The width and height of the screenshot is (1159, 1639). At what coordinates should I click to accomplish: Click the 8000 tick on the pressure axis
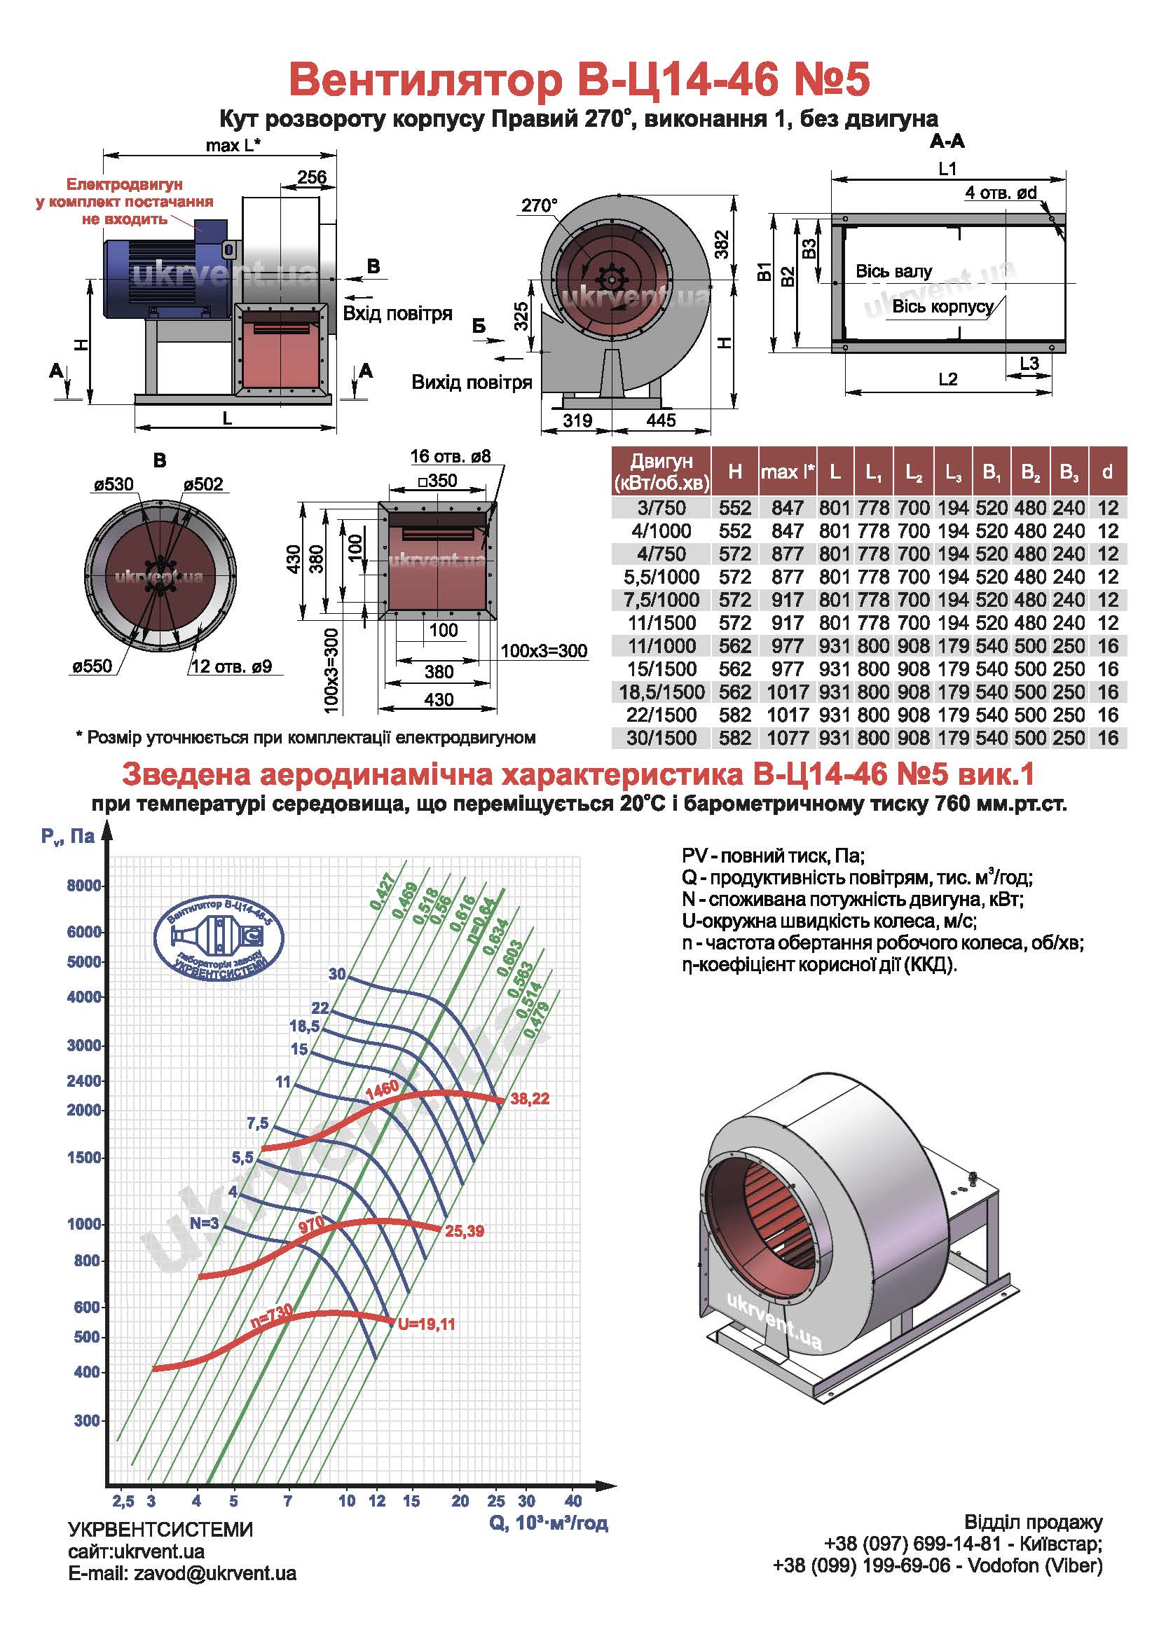click(x=84, y=886)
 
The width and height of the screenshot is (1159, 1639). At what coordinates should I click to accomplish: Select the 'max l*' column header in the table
click(x=787, y=472)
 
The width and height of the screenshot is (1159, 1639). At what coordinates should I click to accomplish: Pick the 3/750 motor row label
click(x=661, y=508)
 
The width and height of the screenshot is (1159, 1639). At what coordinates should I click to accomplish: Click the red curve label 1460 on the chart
click(x=382, y=1091)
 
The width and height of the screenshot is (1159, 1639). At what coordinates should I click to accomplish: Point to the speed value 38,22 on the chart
click(x=530, y=1099)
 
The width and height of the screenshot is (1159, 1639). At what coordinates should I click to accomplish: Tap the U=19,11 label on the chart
click(x=426, y=1325)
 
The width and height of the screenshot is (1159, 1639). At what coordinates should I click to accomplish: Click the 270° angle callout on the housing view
click(x=539, y=205)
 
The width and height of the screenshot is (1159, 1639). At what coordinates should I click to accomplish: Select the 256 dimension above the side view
click(x=311, y=177)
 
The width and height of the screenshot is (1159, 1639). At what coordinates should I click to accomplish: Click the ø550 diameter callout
click(x=92, y=666)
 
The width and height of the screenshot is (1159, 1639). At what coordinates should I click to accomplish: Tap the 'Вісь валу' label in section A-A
click(x=893, y=272)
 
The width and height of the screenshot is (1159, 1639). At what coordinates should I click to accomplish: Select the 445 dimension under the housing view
click(x=661, y=420)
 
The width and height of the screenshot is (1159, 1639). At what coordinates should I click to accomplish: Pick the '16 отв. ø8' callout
click(x=451, y=457)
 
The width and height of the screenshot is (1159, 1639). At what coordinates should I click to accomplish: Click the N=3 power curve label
click(x=204, y=1223)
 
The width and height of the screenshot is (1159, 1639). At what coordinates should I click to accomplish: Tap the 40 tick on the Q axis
click(x=573, y=1500)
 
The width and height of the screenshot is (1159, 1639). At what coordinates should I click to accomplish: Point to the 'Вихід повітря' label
click(x=472, y=383)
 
